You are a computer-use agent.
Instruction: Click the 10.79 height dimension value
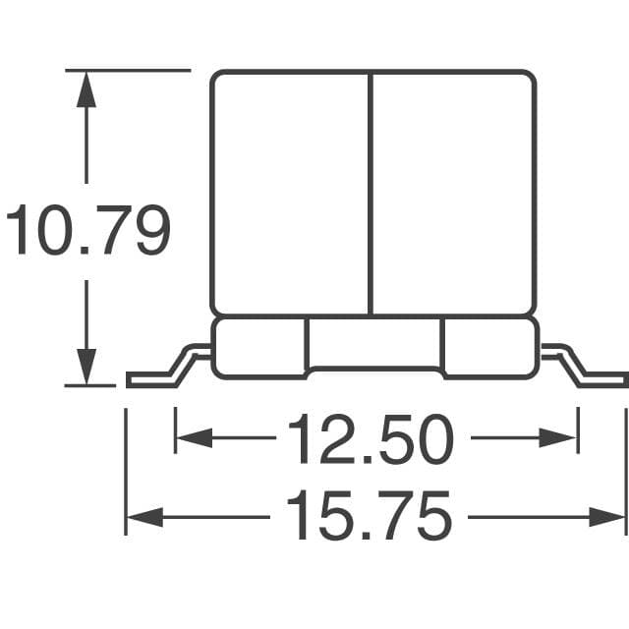[x=88, y=232]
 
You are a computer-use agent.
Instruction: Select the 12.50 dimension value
[x=371, y=440]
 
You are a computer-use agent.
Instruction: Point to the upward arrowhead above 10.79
[x=87, y=87]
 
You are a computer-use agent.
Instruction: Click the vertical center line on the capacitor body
[x=371, y=192]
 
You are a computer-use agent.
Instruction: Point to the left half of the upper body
[x=291, y=192]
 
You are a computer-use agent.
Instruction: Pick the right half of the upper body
[x=452, y=192]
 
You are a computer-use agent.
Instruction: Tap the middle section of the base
[x=373, y=343]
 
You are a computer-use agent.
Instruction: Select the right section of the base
[x=487, y=347]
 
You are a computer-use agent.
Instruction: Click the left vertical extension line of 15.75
[x=126, y=472]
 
